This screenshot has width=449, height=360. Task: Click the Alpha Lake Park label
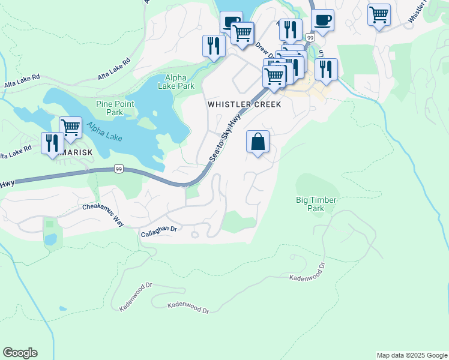click(x=176, y=82)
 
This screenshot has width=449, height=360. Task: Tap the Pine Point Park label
click(x=115, y=108)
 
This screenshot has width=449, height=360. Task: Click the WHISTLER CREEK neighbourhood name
click(x=244, y=104)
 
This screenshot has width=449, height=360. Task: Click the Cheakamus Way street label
click(x=103, y=214)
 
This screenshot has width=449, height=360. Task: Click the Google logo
click(x=20, y=353)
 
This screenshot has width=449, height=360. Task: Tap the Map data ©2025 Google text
click(x=412, y=355)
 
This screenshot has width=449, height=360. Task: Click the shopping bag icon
click(x=258, y=142)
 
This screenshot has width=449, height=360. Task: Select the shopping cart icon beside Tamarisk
click(x=71, y=127)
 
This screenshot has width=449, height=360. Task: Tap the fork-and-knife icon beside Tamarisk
click(x=52, y=143)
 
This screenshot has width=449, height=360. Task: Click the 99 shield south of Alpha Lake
click(x=119, y=170)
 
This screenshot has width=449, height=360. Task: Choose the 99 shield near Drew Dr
click(x=310, y=37)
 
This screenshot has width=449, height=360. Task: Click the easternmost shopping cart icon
click(x=379, y=14)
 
